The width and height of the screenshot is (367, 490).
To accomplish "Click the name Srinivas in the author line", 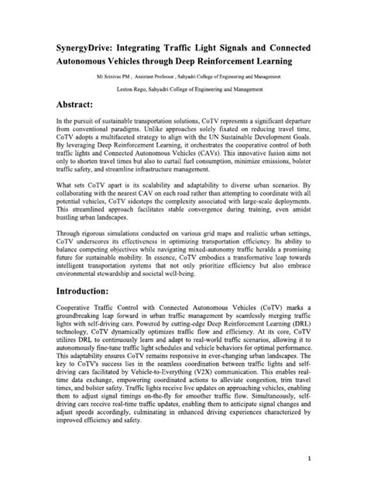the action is tap(120, 78).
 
